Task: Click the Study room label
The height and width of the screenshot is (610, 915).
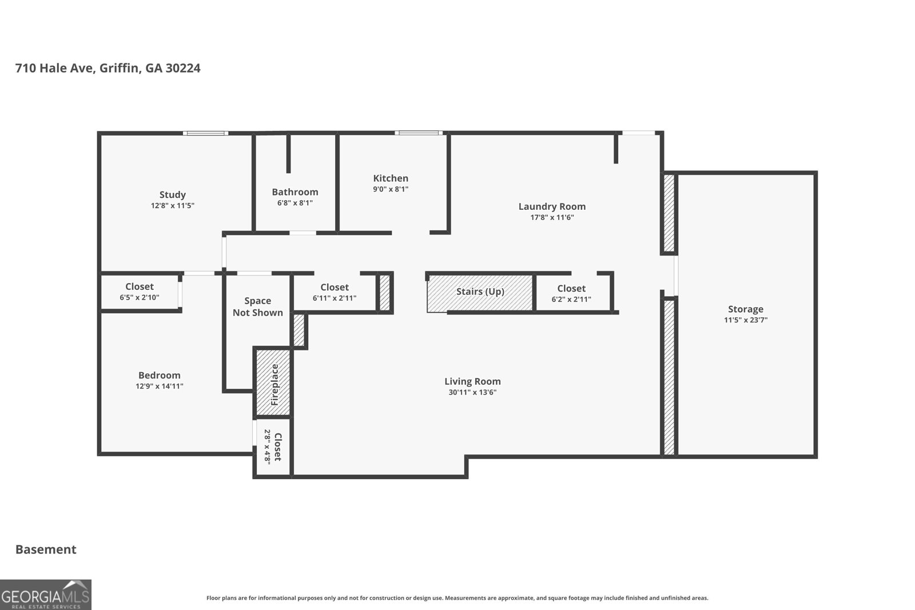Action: (172, 194)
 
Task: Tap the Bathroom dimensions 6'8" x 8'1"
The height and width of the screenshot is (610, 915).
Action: (295, 203)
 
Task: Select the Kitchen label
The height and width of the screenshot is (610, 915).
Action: (391, 178)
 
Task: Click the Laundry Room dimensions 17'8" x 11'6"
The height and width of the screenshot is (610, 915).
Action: (552, 217)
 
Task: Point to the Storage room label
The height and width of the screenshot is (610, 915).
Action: (745, 309)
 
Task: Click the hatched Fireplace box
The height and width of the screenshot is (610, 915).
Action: (273, 382)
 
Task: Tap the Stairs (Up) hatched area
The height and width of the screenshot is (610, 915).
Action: (480, 292)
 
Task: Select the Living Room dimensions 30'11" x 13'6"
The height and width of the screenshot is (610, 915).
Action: (472, 392)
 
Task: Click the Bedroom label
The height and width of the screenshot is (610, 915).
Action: (159, 375)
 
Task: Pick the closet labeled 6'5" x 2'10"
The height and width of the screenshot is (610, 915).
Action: (140, 292)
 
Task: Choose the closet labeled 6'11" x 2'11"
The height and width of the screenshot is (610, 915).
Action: (335, 293)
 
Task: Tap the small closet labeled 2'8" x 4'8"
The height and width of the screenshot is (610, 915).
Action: (273, 448)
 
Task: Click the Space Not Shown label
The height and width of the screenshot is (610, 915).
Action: (257, 306)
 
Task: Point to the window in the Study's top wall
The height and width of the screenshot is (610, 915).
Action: (206, 133)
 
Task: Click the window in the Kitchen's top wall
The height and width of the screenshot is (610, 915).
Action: (418, 133)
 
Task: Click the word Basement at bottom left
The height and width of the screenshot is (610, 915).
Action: (46, 549)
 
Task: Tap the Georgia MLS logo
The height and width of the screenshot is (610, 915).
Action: (46, 595)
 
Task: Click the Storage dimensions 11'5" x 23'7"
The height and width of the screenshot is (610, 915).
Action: (745, 320)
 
